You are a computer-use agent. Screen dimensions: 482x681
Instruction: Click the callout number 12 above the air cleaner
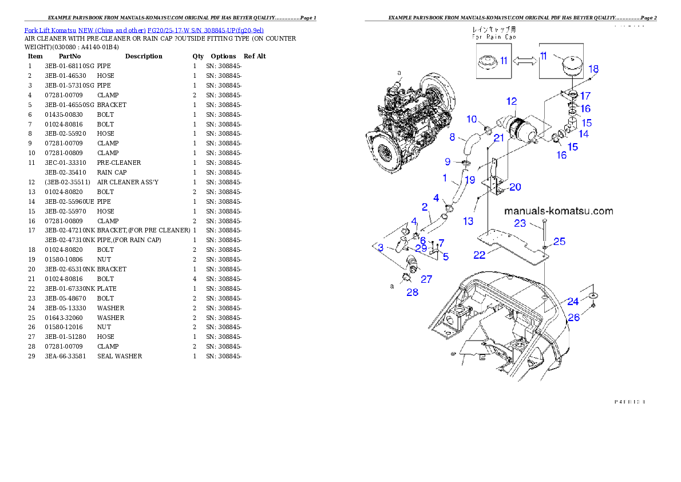(512, 101)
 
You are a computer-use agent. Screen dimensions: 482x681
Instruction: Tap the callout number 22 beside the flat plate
(480, 254)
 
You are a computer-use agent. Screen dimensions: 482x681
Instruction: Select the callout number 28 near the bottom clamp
(412, 292)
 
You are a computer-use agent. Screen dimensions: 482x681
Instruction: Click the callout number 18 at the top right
(593, 69)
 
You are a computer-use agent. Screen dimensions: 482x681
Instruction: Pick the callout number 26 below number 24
(573, 317)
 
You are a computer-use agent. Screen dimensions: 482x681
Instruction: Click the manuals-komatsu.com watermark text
(559, 211)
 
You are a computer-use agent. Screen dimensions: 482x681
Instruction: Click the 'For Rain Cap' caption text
(494, 36)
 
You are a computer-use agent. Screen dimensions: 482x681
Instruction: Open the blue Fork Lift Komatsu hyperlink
(144, 30)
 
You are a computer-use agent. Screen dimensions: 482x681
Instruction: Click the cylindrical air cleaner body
(521, 130)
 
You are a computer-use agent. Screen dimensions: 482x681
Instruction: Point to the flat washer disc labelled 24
(594, 294)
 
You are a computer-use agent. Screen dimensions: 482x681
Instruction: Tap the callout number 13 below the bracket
(468, 221)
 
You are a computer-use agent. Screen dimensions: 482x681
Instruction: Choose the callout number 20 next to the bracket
(515, 187)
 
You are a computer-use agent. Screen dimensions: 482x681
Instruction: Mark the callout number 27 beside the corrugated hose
(426, 279)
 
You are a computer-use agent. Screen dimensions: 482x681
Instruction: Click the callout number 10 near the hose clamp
(472, 119)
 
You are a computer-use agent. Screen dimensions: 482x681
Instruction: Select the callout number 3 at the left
(381, 247)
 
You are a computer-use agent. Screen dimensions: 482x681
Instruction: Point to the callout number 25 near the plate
(559, 242)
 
